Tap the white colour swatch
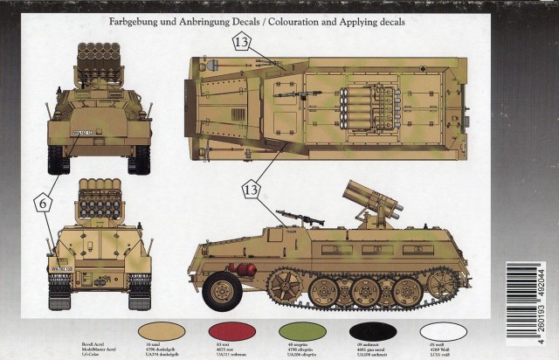point(442,329)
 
